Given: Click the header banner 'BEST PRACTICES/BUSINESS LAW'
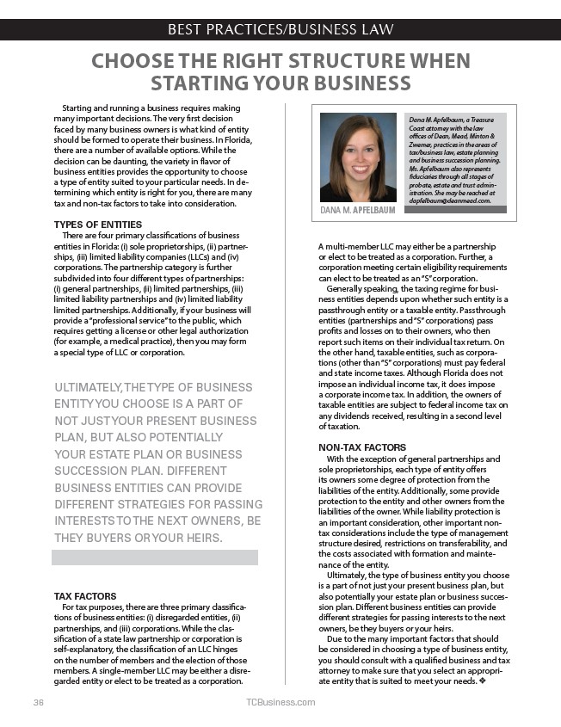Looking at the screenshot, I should coord(280,31).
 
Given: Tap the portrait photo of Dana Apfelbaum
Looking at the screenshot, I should coord(357,157).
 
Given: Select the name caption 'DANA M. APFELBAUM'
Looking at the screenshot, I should coord(357,210).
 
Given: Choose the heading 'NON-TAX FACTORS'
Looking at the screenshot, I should coord(363,448).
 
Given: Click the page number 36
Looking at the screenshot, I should coord(38,702).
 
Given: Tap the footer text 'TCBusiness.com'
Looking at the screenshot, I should coord(280,702).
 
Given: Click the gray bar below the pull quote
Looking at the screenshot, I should coord(155,558).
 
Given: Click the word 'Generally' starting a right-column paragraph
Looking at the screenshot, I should coord(347,289).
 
